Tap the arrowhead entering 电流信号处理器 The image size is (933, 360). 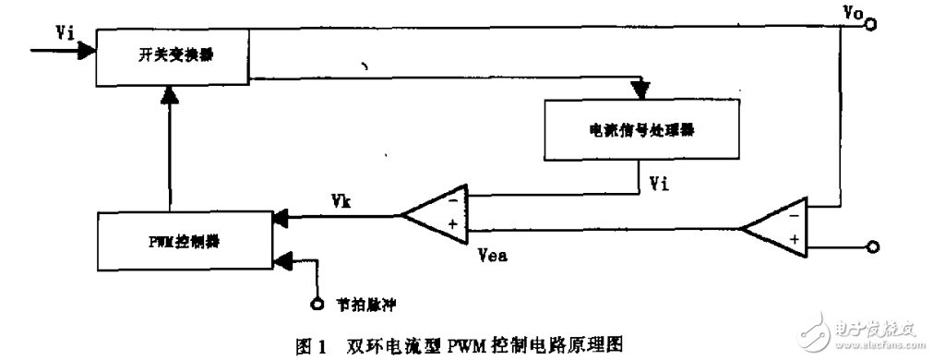(639, 90)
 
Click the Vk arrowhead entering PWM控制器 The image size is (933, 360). (280, 218)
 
